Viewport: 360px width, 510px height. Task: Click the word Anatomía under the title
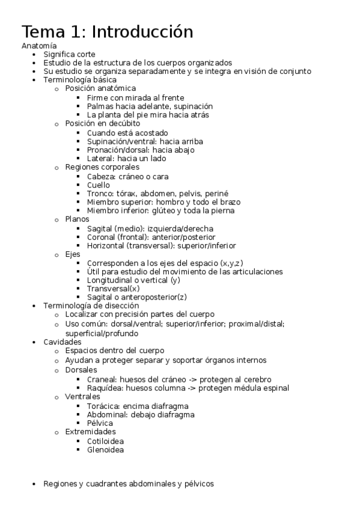(39, 46)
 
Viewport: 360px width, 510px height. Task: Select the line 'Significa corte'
(69, 54)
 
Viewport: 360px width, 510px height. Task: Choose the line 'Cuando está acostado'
(127, 132)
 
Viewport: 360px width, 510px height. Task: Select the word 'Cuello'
(99, 185)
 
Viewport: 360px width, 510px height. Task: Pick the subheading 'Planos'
(77, 220)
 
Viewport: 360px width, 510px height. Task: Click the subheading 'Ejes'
(72, 254)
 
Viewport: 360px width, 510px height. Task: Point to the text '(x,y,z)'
(231, 263)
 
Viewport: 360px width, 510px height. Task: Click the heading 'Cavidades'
(62, 342)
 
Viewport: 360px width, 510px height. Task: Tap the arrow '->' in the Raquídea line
(191, 388)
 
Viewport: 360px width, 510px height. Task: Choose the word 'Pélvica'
(100, 423)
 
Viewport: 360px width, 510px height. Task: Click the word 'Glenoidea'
(105, 449)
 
